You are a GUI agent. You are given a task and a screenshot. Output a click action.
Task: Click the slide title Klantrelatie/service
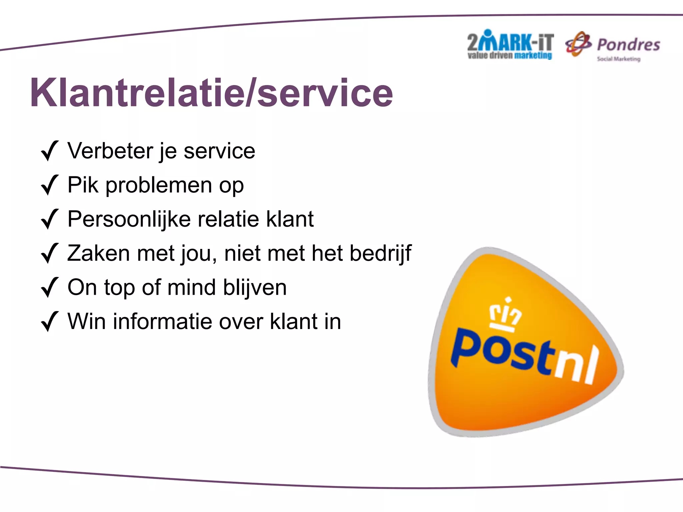click(211, 93)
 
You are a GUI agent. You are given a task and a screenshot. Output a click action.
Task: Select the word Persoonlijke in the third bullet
click(129, 219)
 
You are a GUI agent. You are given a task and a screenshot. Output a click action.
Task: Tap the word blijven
click(254, 288)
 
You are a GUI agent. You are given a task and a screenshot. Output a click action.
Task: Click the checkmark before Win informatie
click(49, 322)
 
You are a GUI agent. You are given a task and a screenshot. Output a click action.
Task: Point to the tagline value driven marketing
click(509, 56)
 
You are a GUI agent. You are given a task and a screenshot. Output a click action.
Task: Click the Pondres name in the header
click(628, 45)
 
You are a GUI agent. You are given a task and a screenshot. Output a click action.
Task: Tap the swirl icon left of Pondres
click(578, 44)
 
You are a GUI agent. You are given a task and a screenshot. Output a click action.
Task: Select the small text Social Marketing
click(618, 59)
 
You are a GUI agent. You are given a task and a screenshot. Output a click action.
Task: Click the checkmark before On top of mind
click(49, 288)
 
